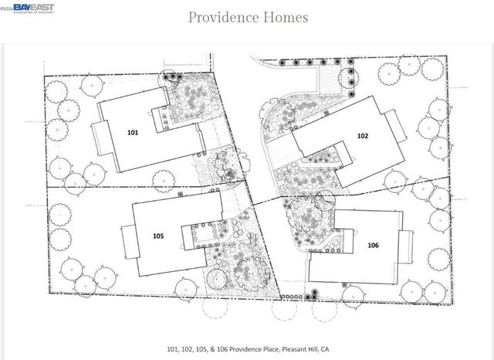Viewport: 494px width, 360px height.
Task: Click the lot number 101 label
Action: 133,132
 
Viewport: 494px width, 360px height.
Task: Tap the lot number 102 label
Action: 362,135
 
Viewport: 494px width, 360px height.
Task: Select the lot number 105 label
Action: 158,236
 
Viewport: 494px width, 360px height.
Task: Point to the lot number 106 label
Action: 373,245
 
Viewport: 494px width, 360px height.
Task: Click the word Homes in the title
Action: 283,17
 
